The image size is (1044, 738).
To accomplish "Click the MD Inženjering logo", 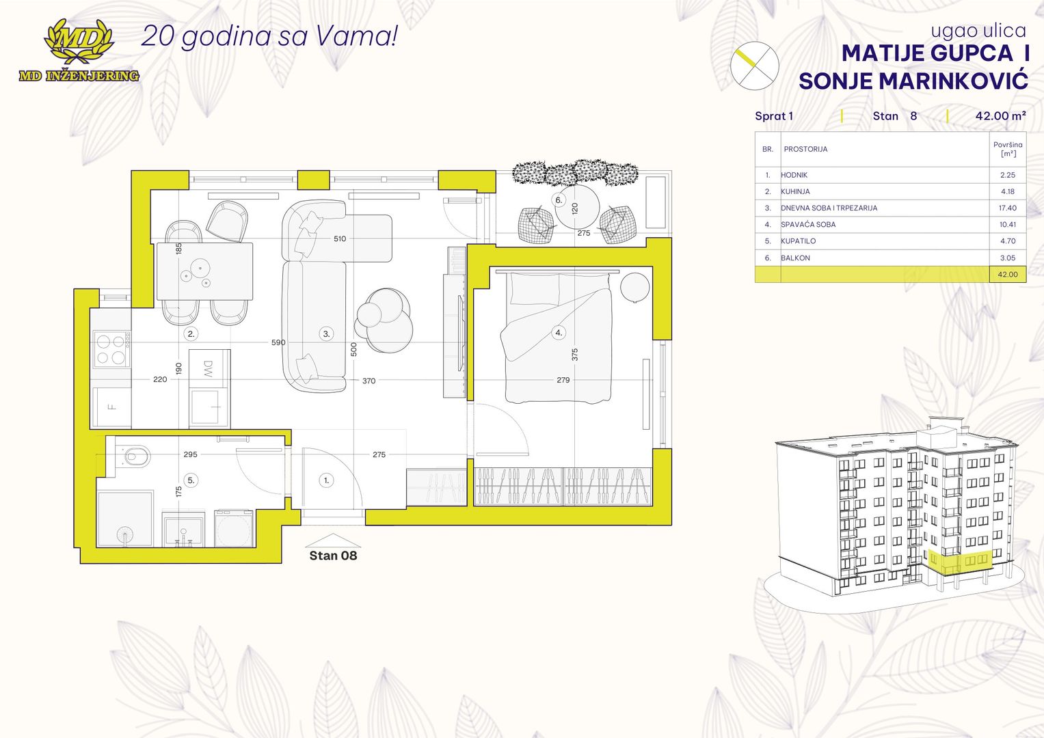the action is [x=79, y=51].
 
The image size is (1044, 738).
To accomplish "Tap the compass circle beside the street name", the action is [x=755, y=66].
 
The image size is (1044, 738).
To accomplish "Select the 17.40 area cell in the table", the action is [x=1007, y=208].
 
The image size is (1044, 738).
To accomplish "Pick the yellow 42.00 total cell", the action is [x=1007, y=275].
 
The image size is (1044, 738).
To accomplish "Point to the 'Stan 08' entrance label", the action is [x=333, y=556].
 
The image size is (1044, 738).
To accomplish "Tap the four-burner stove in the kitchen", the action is [x=111, y=348].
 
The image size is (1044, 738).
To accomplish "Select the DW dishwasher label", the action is [x=208, y=368].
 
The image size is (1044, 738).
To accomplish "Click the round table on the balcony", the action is [x=577, y=207].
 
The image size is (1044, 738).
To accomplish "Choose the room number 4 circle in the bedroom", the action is [x=559, y=332].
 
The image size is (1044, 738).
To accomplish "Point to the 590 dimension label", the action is [x=278, y=342].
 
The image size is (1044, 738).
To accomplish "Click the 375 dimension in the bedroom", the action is [x=575, y=355].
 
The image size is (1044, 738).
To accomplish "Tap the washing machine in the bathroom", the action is [x=234, y=529].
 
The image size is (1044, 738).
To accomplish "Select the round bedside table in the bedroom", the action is [x=634, y=287].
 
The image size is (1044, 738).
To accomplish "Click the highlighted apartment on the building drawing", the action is [x=960, y=563].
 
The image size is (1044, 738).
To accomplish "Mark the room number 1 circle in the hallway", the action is [x=326, y=480].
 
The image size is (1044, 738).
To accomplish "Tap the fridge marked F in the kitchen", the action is [x=111, y=407].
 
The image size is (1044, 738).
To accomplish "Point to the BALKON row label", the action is [x=795, y=258].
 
